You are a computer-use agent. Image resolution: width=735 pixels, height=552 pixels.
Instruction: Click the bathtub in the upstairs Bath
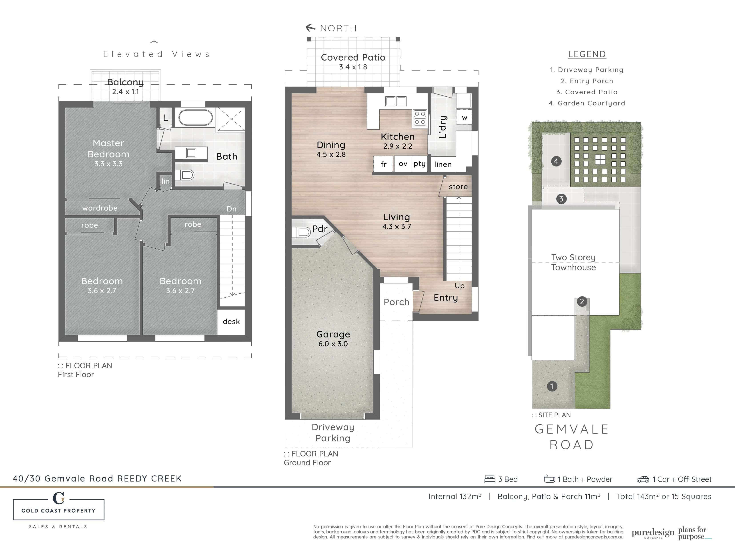pos(196,117)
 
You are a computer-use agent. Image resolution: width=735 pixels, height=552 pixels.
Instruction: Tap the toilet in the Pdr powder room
pos(301,232)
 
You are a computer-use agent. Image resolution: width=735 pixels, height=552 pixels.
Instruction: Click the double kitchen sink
pos(396,101)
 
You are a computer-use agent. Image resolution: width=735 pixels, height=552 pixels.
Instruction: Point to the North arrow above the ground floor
pos(310,28)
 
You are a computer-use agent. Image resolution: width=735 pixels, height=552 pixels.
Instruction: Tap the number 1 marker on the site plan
pos(552,386)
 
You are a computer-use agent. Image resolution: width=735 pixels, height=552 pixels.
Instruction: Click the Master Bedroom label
pos(108,149)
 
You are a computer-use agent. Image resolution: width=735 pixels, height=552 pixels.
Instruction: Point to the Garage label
pos(333,334)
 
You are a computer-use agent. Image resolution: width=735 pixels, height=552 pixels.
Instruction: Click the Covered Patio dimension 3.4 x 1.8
pos(353,67)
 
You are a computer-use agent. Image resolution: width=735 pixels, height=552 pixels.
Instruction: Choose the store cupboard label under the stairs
pos(458,187)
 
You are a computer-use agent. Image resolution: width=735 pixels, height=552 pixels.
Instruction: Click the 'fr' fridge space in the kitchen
pos(383,164)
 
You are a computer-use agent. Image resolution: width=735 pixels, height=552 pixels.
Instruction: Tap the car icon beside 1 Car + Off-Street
pos(643,479)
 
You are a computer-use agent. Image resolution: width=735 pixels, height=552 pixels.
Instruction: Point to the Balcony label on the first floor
pos(125,82)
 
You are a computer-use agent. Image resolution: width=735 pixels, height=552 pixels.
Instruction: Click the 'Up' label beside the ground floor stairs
pos(460,286)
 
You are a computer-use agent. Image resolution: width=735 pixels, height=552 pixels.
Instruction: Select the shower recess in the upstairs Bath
pos(232,119)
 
